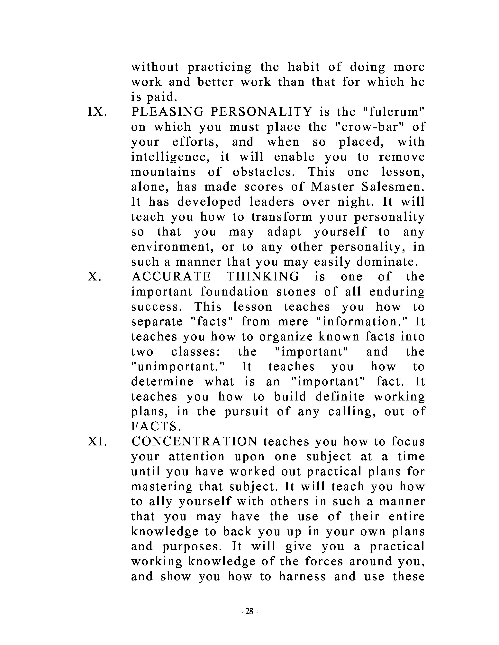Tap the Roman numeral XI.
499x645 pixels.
97,442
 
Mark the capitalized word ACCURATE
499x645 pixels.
171,277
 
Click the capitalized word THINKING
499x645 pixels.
263,277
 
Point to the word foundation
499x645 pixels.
234,292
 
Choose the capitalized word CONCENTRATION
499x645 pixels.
195,442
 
